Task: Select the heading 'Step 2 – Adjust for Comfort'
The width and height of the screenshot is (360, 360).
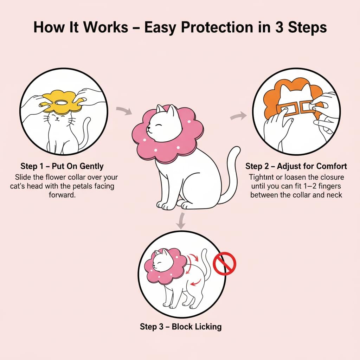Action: pos(296,166)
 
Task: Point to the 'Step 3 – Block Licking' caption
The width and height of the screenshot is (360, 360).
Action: pos(181,327)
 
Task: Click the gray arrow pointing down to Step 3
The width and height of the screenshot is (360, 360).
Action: pos(181,220)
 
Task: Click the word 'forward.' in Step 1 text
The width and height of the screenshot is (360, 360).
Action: pos(62,194)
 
